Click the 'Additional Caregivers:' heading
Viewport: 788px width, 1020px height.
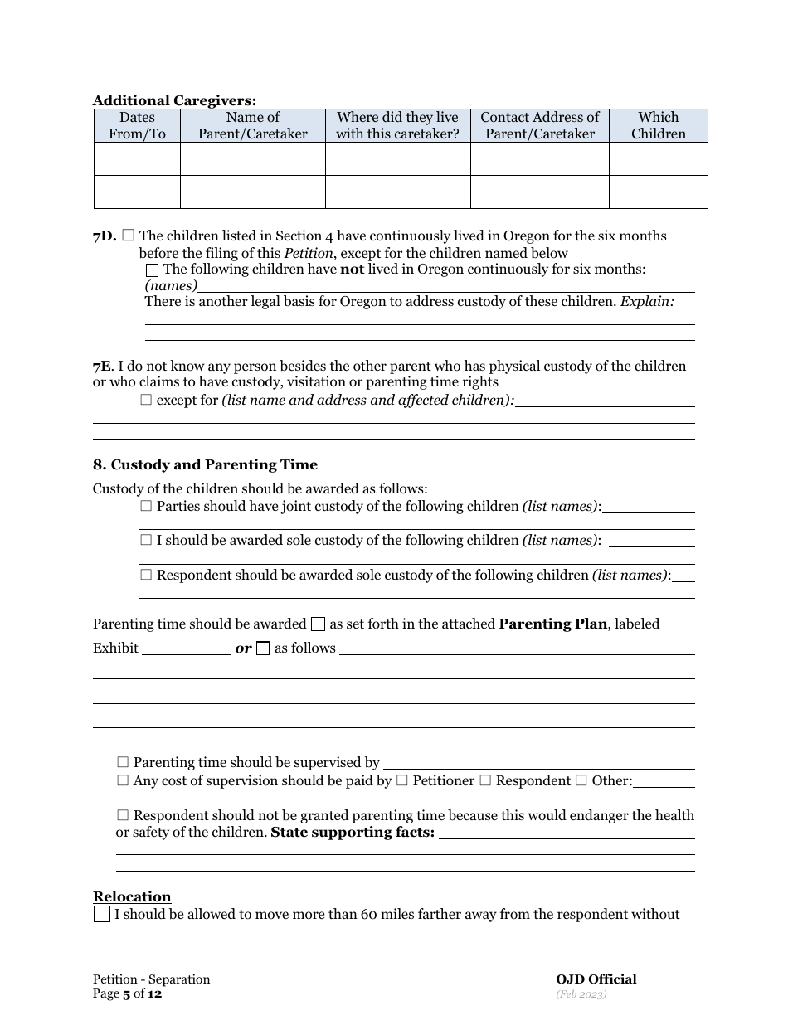174,100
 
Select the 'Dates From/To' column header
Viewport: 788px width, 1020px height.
137,125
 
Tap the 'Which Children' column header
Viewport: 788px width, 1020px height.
658,125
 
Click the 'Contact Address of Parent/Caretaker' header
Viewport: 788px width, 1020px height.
539,125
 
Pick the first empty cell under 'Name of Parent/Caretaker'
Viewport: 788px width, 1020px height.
252,158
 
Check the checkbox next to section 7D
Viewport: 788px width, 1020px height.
128,236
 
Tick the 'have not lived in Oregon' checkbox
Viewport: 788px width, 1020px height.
152,270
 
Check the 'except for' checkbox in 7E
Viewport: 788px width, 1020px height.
147,400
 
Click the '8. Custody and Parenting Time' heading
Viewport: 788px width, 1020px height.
205,464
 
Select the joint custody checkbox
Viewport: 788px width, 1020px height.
147,506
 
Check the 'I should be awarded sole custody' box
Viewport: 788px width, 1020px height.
147,540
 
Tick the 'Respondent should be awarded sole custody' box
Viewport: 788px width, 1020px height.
147,575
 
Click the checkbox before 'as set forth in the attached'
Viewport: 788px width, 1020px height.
318,624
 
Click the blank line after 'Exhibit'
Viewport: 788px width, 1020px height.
187,649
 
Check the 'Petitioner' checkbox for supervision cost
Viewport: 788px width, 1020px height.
402,780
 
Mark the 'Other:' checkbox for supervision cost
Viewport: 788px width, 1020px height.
581,780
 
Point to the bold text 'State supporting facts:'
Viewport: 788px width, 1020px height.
353,832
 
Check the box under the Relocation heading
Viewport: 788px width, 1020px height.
101,915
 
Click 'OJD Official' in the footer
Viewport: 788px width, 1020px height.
596,979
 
